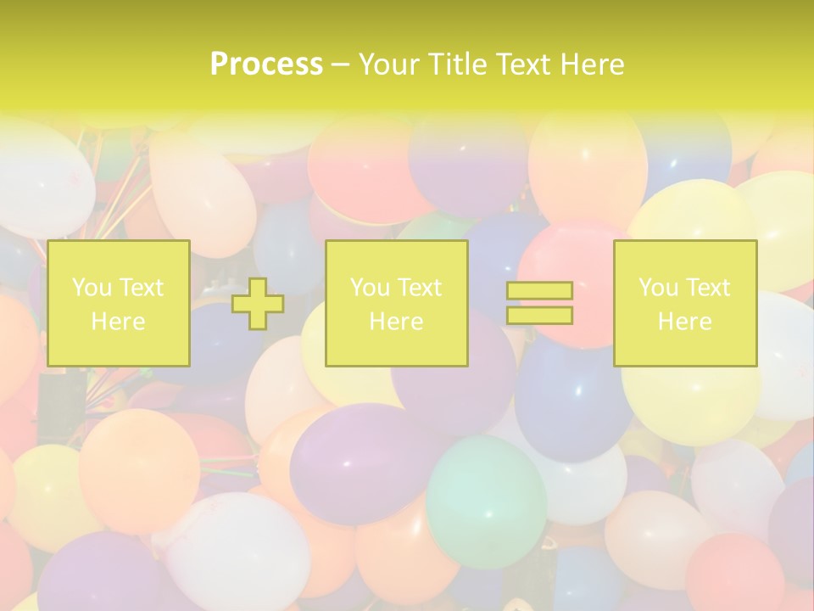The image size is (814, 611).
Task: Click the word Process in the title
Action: [x=266, y=64]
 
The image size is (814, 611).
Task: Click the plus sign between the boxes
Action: [x=258, y=304]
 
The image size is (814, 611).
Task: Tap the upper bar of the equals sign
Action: [x=539, y=291]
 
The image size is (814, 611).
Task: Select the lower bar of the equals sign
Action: [x=539, y=316]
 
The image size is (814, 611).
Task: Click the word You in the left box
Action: [x=92, y=288]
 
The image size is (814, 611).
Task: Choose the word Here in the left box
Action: [x=118, y=322]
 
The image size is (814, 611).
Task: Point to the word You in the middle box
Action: [x=371, y=288]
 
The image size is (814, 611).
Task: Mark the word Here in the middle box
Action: [x=396, y=322]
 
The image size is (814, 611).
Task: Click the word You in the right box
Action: [x=659, y=288]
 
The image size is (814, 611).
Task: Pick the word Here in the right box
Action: [x=684, y=322]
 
